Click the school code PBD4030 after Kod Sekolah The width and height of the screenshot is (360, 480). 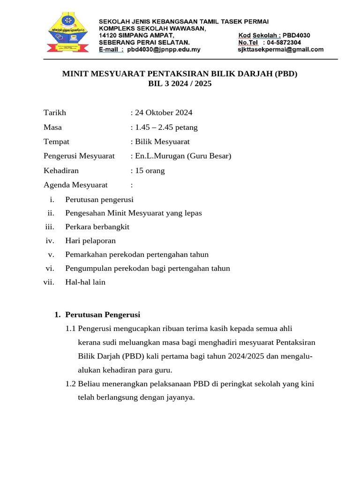click(x=296, y=35)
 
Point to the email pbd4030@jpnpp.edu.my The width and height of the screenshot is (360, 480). click(x=164, y=49)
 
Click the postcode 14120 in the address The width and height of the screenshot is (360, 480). click(x=109, y=35)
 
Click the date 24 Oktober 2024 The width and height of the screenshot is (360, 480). click(x=164, y=112)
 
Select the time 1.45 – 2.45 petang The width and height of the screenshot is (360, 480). click(x=166, y=127)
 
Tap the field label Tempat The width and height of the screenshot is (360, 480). click(x=56, y=142)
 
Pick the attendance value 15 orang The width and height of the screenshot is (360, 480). click(x=150, y=171)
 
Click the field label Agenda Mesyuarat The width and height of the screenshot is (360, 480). click(x=75, y=185)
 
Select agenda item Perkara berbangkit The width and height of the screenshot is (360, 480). click(x=97, y=227)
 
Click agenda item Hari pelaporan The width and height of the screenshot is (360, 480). click(x=90, y=240)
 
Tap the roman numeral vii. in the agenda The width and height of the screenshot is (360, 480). click(x=48, y=282)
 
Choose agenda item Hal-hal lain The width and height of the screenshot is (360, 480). click(x=85, y=282)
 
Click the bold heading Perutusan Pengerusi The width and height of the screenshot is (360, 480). click(x=103, y=315)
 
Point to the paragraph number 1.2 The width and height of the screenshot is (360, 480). click(x=71, y=384)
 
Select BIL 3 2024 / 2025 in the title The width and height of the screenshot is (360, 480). click(x=180, y=84)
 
